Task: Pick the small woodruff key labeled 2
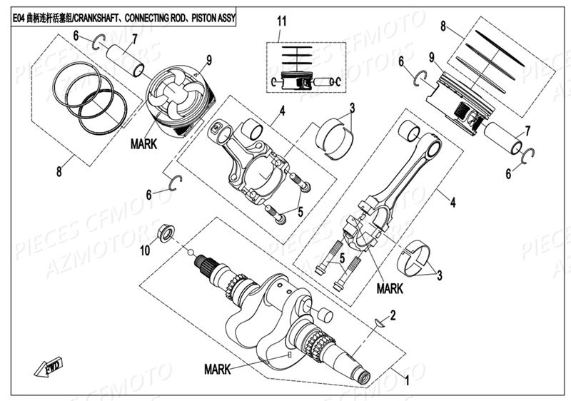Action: click(x=378, y=325)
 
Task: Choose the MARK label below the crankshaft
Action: click(x=217, y=370)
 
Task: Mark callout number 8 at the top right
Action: click(x=443, y=26)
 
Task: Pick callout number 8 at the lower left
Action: click(x=59, y=172)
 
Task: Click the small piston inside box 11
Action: click(x=295, y=80)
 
